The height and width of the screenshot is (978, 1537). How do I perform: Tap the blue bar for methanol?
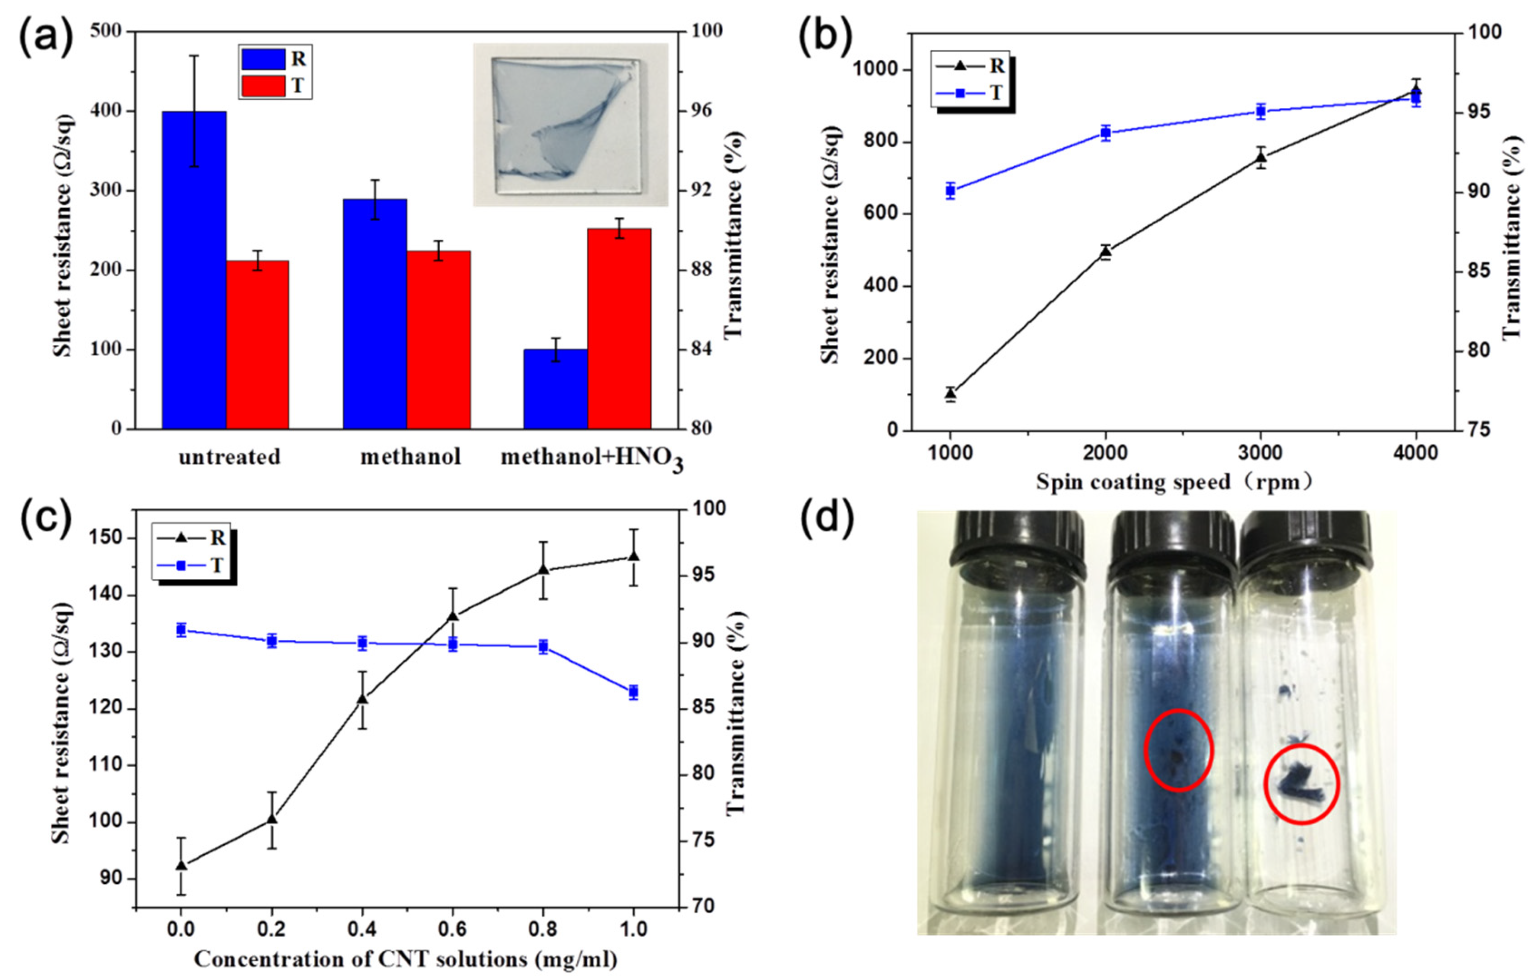click(375, 313)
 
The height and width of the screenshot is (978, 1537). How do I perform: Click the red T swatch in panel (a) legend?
click(263, 86)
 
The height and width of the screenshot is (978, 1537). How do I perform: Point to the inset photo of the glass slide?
click(570, 125)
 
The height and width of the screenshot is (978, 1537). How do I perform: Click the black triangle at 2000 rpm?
click(1105, 252)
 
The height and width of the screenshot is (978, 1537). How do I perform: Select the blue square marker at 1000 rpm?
click(950, 190)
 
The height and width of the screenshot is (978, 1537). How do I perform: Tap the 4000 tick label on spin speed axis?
click(1416, 453)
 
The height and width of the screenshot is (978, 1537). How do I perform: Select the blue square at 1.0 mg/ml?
click(634, 692)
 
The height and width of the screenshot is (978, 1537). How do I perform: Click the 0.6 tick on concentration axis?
click(452, 930)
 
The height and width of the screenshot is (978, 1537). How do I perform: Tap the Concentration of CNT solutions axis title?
click(405, 959)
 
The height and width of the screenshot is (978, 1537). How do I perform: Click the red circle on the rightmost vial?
click(1302, 784)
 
